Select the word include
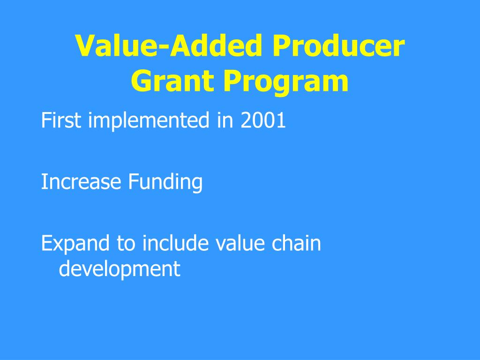click(x=176, y=244)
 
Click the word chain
click(x=297, y=244)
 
